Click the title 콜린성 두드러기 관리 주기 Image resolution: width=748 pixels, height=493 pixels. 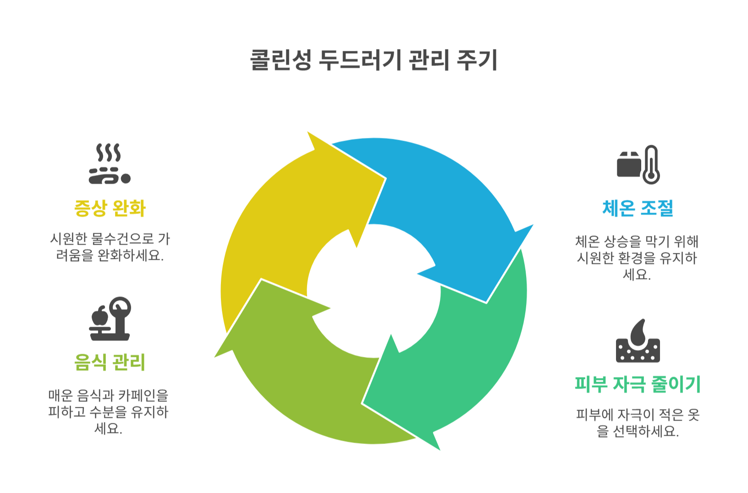[374, 60]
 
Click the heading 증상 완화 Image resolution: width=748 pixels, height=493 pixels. [110, 208]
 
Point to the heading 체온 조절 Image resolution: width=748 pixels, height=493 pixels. [638, 208]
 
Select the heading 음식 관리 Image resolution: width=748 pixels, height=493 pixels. [110, 362]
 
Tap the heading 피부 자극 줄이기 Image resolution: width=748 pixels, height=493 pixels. [638, 384]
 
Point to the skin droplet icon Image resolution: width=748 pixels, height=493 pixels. [638, 341]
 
